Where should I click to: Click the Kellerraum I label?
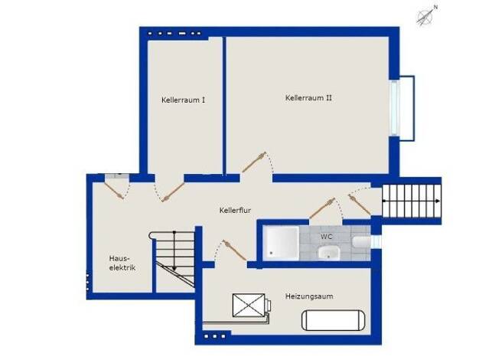[x=184, y=100]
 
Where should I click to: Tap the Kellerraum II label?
[x=308, y=98]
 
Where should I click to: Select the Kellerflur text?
[x=235, y=211]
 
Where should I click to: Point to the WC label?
[x=326, y=237]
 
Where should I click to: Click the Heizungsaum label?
[x=309, y=296]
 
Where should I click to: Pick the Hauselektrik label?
[x=122, y=263]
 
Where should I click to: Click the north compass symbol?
[x=426, y=15]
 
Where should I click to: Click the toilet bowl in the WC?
[x=361, y=241]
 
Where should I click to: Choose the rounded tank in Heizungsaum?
[x=334, y=320]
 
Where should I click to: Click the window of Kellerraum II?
[x=395, y=108]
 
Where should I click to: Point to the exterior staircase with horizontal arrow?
[x=412, y=201]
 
